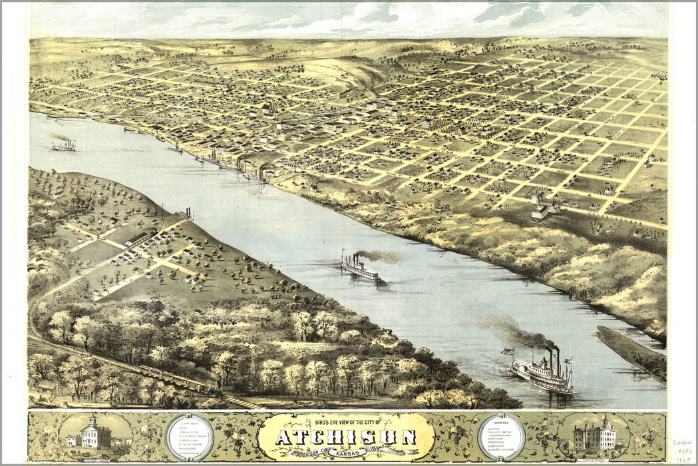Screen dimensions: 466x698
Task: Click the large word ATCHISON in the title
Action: (x=346, y=437)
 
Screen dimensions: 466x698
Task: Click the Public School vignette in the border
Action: (x=594, y=436)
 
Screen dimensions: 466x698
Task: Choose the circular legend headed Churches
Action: (x=501, y=437)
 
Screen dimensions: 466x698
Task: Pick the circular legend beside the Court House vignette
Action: (x=189, y=437)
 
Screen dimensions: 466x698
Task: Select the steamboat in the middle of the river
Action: (x=359, y=268)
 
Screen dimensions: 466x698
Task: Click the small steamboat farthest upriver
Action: (x=64, y=145)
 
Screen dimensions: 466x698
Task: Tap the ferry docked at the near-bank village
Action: (x=186, y=214)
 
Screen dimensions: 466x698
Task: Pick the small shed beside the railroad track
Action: (x=47, y=386)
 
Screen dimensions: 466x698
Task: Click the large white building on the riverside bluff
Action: (x=540, y=210)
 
